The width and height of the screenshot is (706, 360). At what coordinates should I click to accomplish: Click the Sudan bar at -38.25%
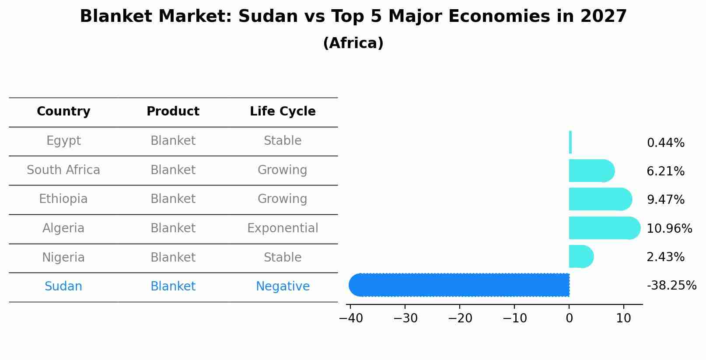click(459, 285)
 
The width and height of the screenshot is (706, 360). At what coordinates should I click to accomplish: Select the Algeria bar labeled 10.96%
click(604, 228)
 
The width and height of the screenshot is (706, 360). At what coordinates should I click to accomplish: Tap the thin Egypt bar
click(570, 142)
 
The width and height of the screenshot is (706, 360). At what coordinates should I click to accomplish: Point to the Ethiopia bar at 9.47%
click(600, 199)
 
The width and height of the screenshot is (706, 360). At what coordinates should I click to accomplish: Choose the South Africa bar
click(591, 171)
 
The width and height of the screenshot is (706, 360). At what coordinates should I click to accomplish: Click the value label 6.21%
click(665, 171)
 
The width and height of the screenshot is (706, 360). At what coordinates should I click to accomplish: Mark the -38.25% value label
click(671, 286)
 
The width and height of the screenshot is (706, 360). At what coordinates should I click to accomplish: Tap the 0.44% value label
click(665, 143)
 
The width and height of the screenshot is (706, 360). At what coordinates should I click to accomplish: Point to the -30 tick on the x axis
click(405, 318)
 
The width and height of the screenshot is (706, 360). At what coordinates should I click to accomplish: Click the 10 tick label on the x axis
click(623, 318)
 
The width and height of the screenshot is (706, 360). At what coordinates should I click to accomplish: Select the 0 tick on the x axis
click(569, 318)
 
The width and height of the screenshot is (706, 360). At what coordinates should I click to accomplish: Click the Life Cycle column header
click(283, 112)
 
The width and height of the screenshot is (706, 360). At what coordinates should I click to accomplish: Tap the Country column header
click(63, 112)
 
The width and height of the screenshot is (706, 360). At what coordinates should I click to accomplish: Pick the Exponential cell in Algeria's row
click(283, 228)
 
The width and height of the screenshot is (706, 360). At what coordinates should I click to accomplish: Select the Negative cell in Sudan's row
click(283, 287)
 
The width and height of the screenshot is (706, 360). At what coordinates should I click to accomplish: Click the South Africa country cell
click(63, 170)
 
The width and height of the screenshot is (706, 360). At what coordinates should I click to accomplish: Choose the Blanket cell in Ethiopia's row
click(173, 199)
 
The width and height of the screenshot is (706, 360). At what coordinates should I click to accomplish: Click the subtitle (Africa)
click(353, 43)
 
